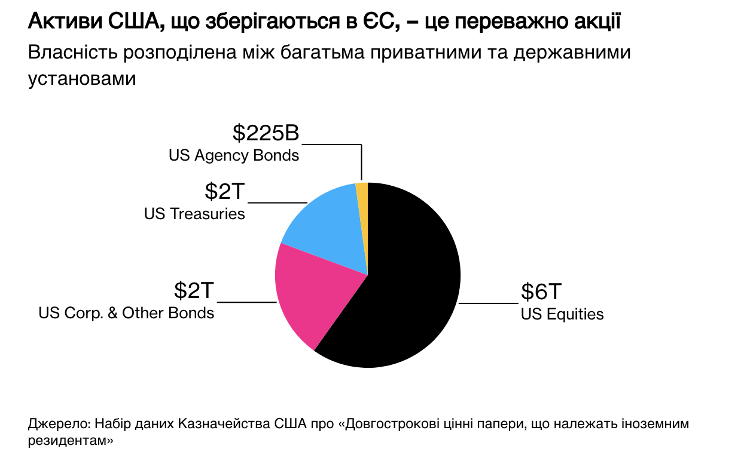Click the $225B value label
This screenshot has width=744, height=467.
(266, 133)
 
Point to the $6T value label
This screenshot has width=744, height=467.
(541, 292)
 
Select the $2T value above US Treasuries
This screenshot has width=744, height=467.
(225, 192)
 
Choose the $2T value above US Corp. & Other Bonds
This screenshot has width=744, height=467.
(194, 291)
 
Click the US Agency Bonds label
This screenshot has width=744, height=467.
(234, 156)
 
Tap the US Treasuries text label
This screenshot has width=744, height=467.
(194, 214)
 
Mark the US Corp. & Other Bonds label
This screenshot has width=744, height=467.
(126, 313)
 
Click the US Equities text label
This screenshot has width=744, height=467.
(562, 314)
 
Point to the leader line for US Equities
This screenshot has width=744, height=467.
(488, 303)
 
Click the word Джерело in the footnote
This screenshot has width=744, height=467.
(57, 425)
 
